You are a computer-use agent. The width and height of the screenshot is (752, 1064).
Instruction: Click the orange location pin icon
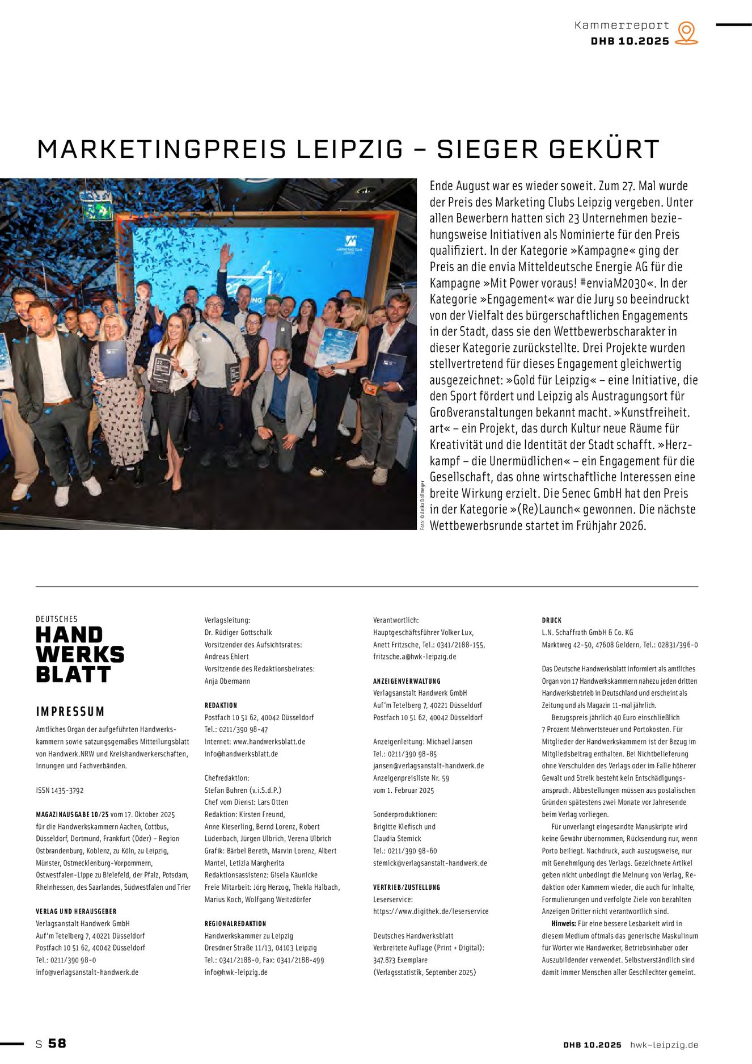[x=686, y=33]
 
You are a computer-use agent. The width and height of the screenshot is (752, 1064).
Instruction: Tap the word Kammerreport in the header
[x=622, y=26]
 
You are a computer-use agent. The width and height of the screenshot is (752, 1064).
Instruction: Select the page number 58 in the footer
[x=57, y=1043]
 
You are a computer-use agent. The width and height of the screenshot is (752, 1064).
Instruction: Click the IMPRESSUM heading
[x=70, y=712]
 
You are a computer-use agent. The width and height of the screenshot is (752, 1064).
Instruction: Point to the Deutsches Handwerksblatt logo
[x=79, y=650]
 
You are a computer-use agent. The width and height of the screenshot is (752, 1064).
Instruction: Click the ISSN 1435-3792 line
[x=60, y=790]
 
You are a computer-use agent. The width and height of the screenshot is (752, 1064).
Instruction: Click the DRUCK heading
[x=551, y=620]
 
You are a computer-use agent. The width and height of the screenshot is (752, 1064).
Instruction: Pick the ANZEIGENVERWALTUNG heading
[x=407, y=681]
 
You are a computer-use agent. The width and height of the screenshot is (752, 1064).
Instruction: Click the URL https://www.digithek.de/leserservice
[x=430, y=911]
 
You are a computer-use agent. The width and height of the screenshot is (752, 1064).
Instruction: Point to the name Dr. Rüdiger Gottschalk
[x=238, y=632]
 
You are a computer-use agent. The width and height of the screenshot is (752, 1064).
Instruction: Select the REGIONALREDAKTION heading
[x=235, y=923]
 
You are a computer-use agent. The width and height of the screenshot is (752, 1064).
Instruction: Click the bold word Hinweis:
[x=563, y=923]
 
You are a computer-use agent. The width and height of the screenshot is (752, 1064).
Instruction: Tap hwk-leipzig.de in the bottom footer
[x=664, y=1045]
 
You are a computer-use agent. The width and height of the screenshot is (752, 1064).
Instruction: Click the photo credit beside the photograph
[x=423, y=505]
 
